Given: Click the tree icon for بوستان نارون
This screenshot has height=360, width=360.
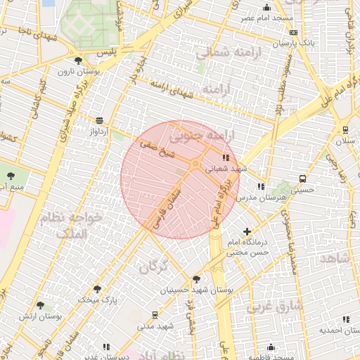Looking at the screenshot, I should pos(78,60).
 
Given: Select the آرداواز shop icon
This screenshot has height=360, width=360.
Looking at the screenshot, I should pos(98,120).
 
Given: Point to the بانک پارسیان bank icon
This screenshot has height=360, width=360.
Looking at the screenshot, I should pos(293,32).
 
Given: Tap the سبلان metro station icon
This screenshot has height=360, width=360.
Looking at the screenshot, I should pos(345,130).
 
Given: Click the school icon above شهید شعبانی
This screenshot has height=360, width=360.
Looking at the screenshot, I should pos(225,158).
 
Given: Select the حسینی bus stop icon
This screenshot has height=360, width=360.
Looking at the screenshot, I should pos(302,179).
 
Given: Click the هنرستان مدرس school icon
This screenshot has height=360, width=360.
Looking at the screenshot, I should pos(261,187).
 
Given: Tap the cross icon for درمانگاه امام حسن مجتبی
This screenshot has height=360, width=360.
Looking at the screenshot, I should pos(246,231).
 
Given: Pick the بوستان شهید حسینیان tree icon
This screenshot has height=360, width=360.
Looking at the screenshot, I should pos(196,278).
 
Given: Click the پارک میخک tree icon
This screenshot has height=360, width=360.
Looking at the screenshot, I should pos(97,289).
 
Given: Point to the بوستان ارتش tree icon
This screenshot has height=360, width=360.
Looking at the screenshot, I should pos(40,305).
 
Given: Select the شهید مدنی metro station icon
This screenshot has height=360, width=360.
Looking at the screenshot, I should pos(155,315).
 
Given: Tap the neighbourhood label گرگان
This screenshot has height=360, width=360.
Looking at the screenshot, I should pos(155,266).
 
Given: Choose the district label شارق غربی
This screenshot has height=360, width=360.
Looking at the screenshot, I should pos(276,306).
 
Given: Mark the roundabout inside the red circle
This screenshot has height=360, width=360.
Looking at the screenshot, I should pos(195,163).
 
